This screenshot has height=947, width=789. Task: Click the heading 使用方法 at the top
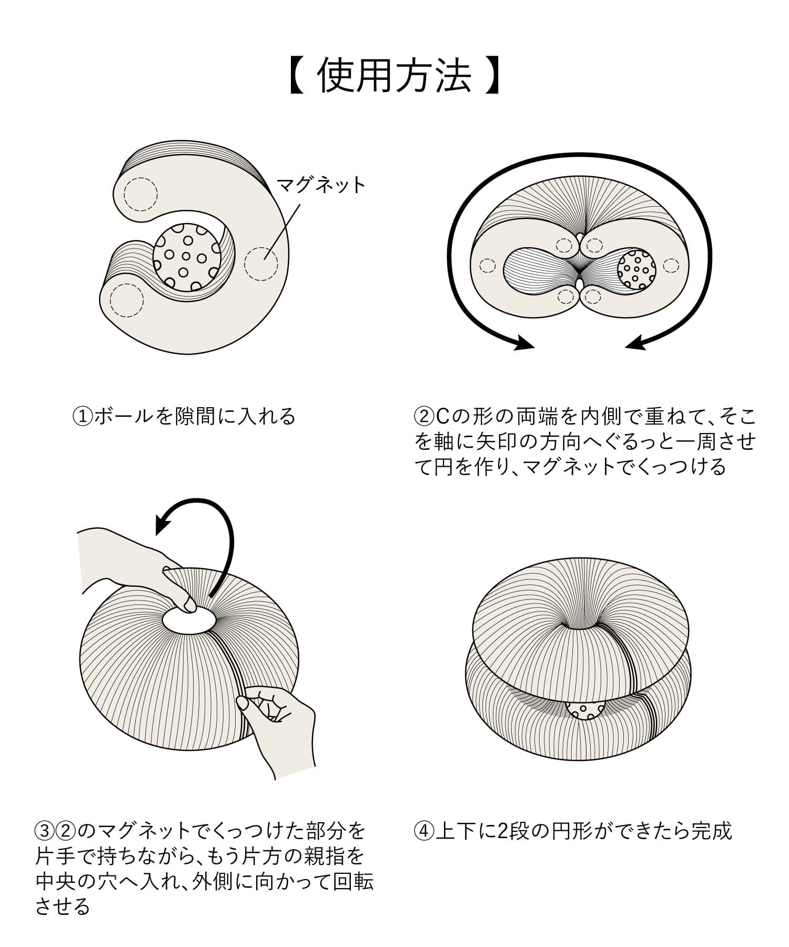point(394,77)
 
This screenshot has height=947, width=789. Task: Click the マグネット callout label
point(320,185)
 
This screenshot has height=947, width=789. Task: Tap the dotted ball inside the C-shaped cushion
point(187,258)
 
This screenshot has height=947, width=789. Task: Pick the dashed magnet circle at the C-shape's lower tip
point(126,300)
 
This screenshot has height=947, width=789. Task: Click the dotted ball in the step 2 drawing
point(636,270)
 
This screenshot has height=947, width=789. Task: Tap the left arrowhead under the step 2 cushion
point(524,343)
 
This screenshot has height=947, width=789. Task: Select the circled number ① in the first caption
point(82,417)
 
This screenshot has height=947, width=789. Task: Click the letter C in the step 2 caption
point(442,417)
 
